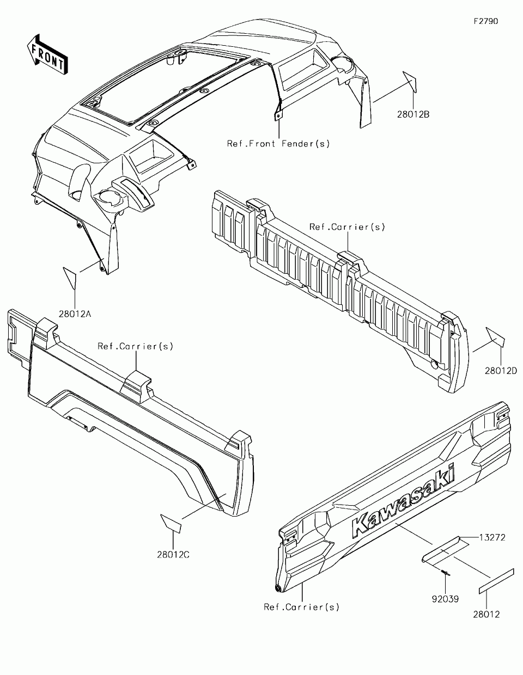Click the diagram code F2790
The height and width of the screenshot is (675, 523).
pos(485,21)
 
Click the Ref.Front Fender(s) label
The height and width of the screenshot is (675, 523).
pos(278,144)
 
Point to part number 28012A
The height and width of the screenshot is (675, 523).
pos(76,314)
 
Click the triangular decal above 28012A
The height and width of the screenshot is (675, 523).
pos(71,278)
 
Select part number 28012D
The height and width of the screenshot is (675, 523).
pos(500,371)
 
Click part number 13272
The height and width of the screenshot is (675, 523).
pos(492,537)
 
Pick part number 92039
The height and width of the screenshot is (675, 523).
pos(445,599)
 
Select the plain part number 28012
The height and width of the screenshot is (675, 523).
pos(486,615)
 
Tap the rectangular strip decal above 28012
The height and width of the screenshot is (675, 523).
pos(496,581)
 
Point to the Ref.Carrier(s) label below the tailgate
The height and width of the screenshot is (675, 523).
pos(301,607)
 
